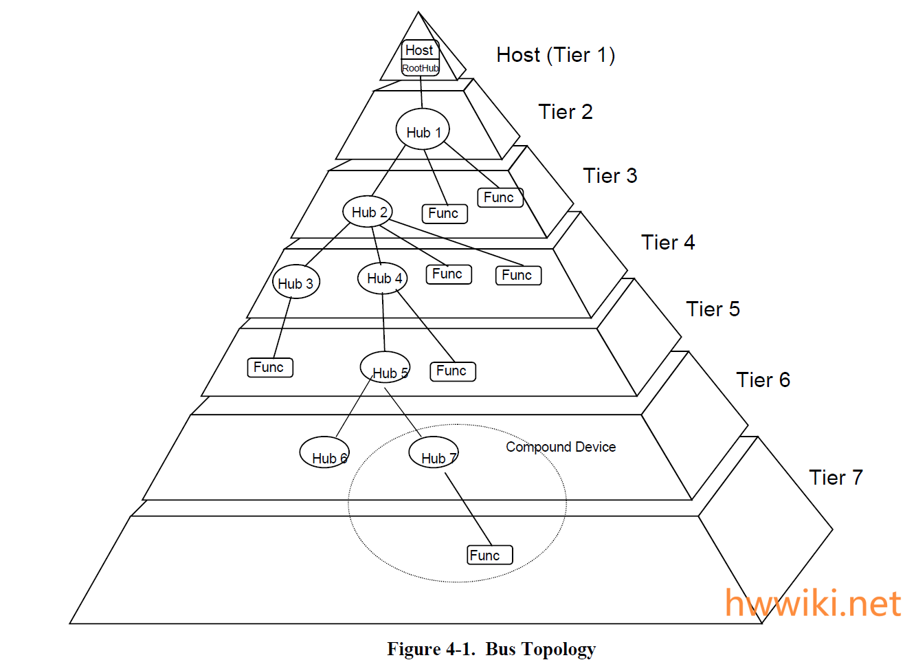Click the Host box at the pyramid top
click(419, 50)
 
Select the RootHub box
click(420, 68)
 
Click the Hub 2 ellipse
click(368, 212)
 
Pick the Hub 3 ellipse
click(295, 282)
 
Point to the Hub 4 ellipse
click(383, 278)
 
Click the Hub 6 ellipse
click(324, 453)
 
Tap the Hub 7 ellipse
click(433, 453)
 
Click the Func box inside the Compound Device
click(489, 555)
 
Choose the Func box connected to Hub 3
click(269, 367)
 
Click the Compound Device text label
click(561, 447)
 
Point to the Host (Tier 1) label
click(555, 55)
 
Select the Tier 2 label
click(565, 112)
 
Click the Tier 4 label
click(668, 243)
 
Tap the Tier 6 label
click(763, 380)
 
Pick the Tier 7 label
click(836, 478)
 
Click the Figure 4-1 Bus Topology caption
click(491, 649)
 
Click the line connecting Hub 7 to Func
click(469, 509)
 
